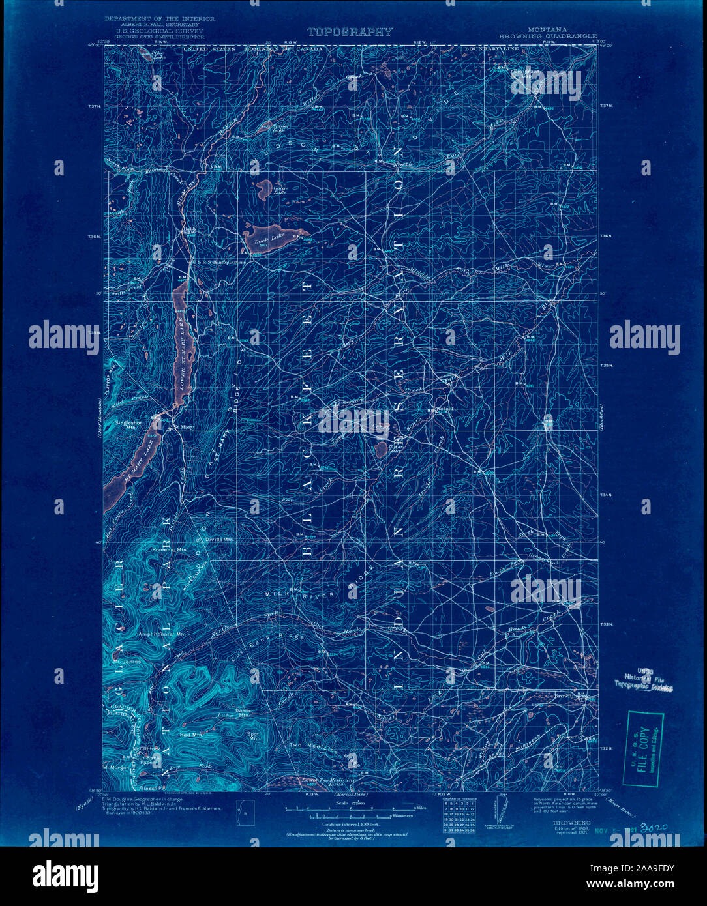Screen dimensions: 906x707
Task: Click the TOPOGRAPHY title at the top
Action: [350, 31]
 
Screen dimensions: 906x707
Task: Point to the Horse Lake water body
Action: [379, 449]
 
